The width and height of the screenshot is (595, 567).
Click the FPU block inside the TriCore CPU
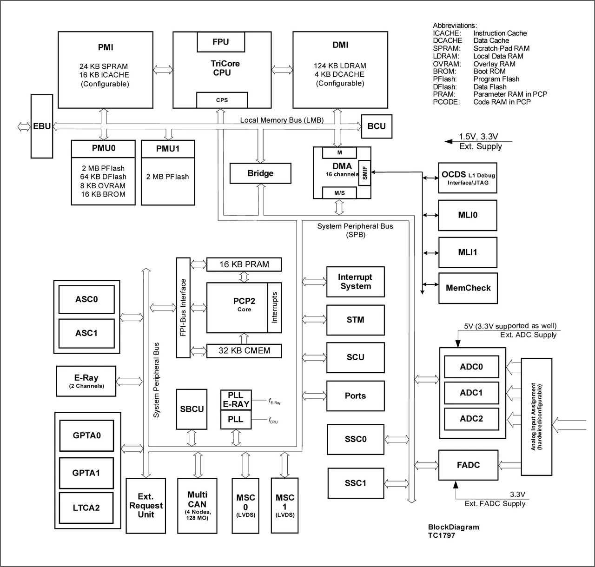(220, 42)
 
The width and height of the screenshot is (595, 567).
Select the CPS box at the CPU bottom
(222, 100)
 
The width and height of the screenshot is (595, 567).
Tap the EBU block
(42, 126)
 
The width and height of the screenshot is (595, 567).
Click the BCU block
(376, 126)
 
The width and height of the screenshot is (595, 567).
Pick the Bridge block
(260, 173)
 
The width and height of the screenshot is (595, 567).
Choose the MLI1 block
(468, 252)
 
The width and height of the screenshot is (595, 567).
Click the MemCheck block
(468, 288)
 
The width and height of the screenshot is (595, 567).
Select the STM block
(355, 320)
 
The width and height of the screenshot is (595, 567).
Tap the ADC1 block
(471, 393)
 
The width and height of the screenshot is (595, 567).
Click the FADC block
(468, 465)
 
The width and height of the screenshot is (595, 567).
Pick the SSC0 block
(356, 439)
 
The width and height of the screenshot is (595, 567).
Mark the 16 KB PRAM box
(244, 264)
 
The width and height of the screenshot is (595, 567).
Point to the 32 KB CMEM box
(244, 350)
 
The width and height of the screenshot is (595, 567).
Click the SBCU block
(192, 409)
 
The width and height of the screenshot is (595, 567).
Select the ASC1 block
(86, 333)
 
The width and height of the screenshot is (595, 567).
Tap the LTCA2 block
(86, 508)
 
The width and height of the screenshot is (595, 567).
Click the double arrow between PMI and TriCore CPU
(163, 70)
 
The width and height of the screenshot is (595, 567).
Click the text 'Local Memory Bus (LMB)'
(282, 120)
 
